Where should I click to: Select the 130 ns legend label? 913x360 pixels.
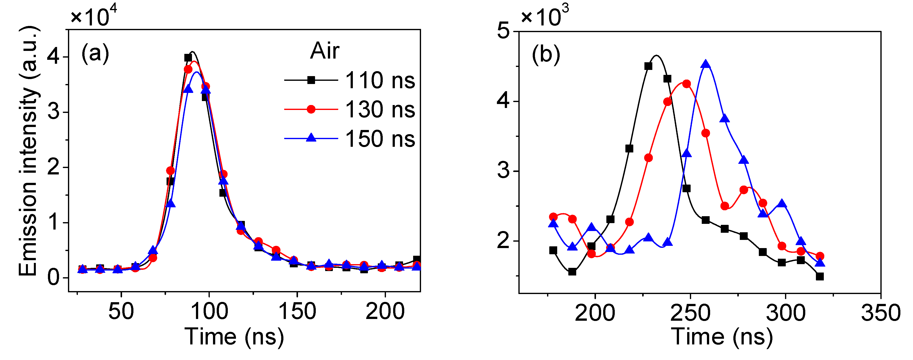(380, 109)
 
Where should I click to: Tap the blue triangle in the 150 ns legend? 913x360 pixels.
(311, 138)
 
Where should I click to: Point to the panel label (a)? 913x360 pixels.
(95, 54)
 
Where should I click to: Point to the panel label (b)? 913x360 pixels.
(546, 55)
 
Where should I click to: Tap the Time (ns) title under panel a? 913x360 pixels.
(234, 337)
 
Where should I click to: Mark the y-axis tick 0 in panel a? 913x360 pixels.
(54, 277)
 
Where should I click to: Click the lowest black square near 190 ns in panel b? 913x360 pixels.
(572, 272)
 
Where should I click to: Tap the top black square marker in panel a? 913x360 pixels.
(188, 57)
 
